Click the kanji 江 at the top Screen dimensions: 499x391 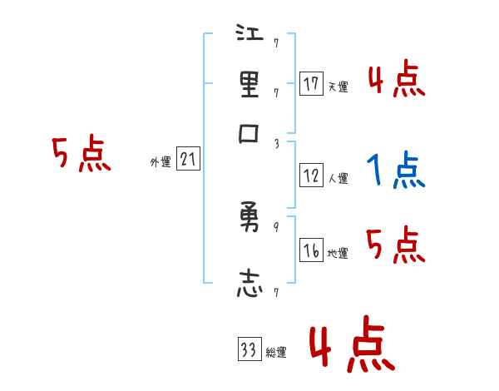click(250, 36)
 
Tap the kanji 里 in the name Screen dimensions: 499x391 click(250, 85)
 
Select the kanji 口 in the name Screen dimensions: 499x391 click(250, 136)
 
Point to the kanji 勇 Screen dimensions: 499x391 click(250, 219)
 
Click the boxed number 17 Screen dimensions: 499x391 click(311, 84)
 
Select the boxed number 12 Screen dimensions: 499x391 click(311, 176)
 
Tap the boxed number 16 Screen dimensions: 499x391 click(311, 251)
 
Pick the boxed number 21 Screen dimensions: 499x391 click(188, 160)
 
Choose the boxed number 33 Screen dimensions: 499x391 click(249, 350)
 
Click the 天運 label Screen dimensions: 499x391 click(338, 87)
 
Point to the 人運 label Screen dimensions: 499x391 click(338, 178)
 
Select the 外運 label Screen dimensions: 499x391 click(160, 162)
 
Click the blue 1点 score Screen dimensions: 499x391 click(396, 171)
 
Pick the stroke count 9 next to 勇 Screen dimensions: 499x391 click(275, 227)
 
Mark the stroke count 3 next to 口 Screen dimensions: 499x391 click(275, 144)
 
